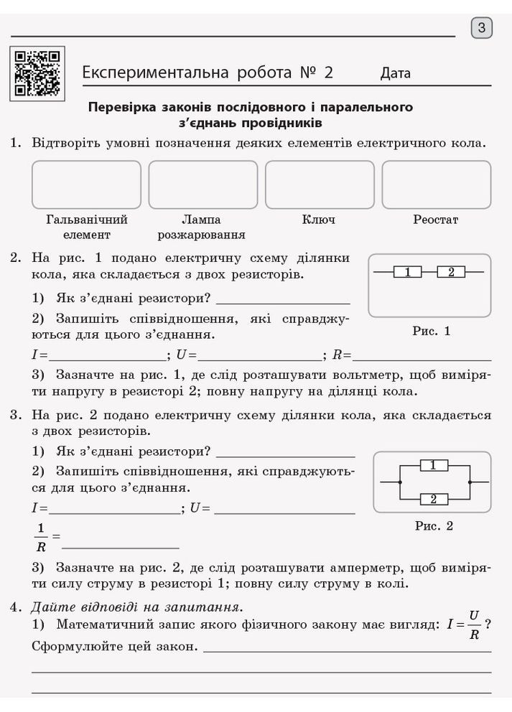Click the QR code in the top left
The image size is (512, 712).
[x=38, y=72]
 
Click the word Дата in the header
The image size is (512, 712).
[x=396, y=73]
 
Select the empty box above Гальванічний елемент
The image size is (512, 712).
[x=86, y=184]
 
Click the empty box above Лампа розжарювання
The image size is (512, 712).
[x=203, y=184]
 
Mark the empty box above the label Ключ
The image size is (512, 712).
[x=319, y=184]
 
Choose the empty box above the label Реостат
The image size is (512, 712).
[x=436, y=184]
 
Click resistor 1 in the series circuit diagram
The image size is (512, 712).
[x=407, y=272]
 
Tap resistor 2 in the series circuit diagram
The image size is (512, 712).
[x=451, y=272]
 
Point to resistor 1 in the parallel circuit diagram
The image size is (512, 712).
[x=433, y=465]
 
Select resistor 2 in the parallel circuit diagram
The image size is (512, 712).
[x=433, y=499]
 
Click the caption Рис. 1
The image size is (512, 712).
[x=431, y=332]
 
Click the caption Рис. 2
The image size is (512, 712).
[x=434, y=526]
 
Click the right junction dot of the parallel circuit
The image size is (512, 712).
[x=469, y=482]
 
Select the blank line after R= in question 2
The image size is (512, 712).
[x=422, y=355]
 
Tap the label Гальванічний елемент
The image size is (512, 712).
[x=86, y=227]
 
